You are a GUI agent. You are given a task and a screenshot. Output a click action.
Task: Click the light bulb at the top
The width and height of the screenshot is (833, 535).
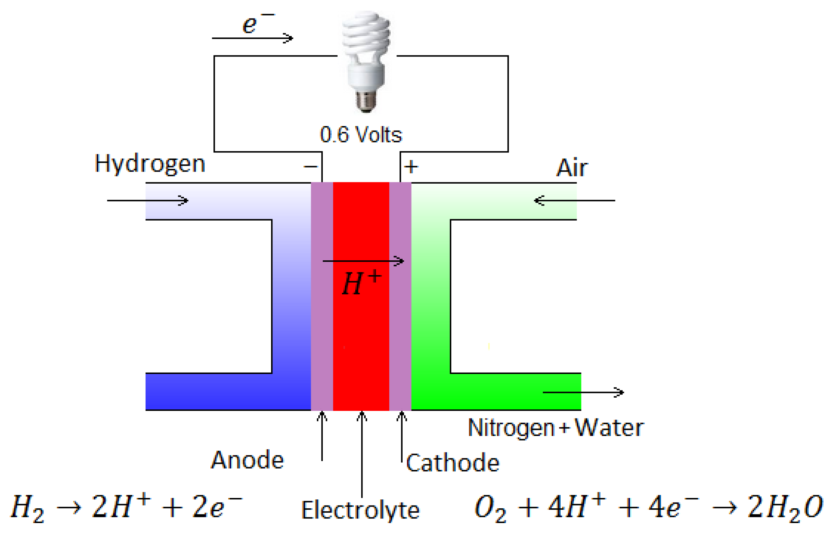pos(366,61)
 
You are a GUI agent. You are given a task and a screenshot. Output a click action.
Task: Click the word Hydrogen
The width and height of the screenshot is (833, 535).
pos(150,164)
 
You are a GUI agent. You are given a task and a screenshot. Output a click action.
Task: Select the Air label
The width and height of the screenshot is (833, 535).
pos(572,168)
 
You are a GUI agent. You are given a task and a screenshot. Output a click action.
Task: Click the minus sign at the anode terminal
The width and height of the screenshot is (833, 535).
pos(310,167)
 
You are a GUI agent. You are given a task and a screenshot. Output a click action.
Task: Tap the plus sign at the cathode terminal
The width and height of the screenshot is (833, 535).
pos(411,167)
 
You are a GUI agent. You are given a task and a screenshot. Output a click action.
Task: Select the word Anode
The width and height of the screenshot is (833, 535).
pos(247,460)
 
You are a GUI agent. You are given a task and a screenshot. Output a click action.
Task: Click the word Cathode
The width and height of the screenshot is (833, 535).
pos(452,463)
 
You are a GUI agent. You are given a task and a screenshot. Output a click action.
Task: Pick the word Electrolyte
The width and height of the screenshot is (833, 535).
pos(360,510)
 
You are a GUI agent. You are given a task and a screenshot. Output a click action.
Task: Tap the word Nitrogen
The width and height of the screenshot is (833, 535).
pos(511,428)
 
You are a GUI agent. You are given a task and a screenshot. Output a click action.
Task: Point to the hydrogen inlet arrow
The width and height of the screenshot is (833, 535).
pos(148,200)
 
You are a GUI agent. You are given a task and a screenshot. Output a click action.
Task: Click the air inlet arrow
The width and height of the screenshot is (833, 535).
pos(574,200)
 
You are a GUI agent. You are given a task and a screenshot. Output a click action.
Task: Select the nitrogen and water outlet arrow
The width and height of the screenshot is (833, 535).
pos(583,392)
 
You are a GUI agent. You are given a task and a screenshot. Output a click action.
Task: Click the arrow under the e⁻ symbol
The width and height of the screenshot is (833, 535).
pos(253,38)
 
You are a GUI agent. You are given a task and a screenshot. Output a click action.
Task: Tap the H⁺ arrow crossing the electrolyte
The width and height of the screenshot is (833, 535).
pos(363,261)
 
